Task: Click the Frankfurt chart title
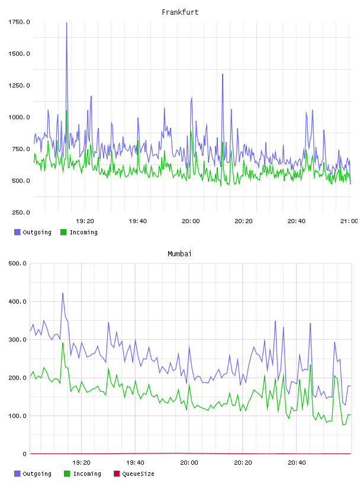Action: pyautogui.click(x=180, y=12)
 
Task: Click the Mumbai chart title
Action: pyautogui.click(x=179, y=254)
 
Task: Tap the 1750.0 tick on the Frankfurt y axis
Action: pyautogui.click(x=19, y=22)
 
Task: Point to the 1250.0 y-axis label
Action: pyautogui.click(x=19, y=85)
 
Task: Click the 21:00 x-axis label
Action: pyautogui.click(x=349, y=221)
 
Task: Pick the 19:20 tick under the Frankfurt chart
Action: pyautogui.click(x=85, y=221)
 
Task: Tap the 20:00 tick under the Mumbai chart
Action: pyautogui.click(x=189, y=462)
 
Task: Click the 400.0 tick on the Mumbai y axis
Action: pyautogui.click(x=17, y=301)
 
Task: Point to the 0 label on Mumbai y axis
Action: pyautogui.click(x=25, y=454)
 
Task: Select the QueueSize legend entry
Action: pyautogui.click(x=134, y=474)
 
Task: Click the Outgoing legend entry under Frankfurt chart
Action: pyautogui.click(x=33, y=232)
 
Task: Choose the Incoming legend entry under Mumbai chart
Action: pyautogui.click(x=82, y=474)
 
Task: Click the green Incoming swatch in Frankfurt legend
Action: pyautogui.click(x=63, y=232)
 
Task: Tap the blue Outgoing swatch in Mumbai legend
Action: pyautogui.click(x=17, y=474)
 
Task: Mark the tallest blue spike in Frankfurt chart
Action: pyautogui.click(x=66, y=23)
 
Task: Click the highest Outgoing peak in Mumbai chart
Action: pyautogui.click(x=63, y=293)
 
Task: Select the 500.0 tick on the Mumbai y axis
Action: pyautogui.click(x=17, y=263)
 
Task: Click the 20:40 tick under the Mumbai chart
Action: pyautogui.click(x=297, y=462)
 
